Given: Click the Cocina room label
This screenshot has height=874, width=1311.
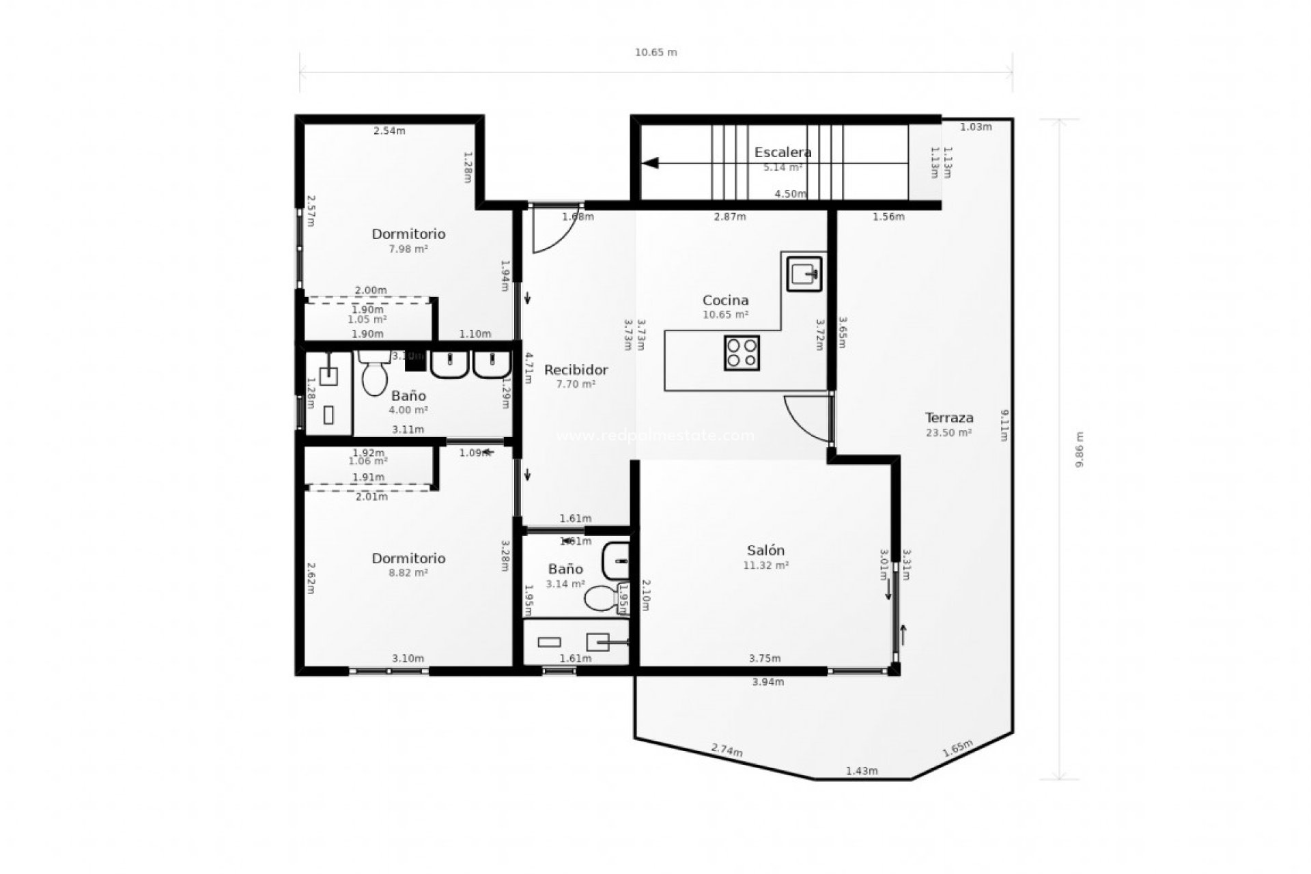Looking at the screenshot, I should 725,300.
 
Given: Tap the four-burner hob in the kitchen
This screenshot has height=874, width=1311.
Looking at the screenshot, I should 742,353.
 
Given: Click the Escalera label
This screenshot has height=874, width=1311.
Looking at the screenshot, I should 783,152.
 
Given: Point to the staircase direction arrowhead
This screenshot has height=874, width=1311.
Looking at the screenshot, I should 649,163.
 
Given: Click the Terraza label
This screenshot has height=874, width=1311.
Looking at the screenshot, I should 948,417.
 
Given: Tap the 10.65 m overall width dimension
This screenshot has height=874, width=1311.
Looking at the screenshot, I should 655,53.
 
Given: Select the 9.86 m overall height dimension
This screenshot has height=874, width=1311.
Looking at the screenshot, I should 1079,449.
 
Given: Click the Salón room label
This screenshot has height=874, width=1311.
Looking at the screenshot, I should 765,550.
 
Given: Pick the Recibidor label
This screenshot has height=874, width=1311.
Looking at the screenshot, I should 576,370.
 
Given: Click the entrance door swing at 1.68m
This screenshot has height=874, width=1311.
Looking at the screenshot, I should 552,231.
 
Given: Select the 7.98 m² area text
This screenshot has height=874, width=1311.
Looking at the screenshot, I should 408,249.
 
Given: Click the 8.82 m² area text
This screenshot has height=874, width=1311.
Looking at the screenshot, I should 408,573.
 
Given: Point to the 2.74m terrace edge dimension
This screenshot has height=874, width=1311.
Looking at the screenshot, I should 727,750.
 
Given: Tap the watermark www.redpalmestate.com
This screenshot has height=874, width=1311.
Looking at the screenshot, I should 655,436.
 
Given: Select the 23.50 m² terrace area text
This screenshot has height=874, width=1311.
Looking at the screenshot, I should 948,432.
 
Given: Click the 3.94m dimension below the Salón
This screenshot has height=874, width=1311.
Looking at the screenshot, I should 767,681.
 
